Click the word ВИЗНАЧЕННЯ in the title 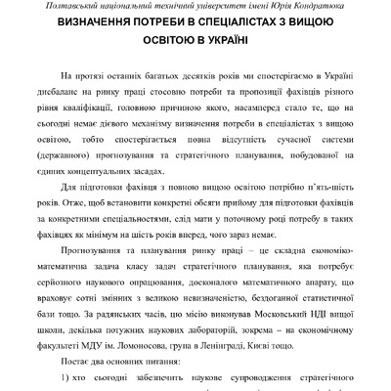92,23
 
